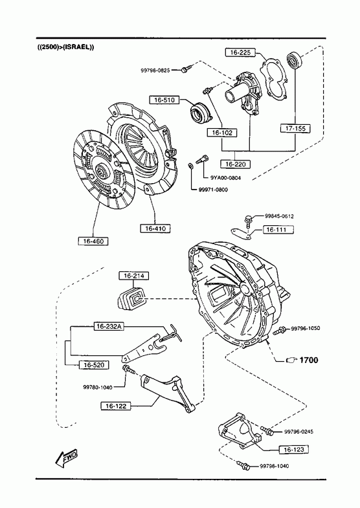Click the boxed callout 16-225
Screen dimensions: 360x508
coord(240,52)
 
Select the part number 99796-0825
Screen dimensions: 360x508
coord(155,71)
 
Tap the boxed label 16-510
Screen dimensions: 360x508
coord(164,100)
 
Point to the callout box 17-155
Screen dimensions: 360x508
coord(295,129)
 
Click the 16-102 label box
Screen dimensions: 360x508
coord(222,133)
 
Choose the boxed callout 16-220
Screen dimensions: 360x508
coord(236,164)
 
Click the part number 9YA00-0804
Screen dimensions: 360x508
coord(225,177)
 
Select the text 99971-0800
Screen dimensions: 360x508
coord(213,190)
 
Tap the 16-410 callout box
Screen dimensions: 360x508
coord(155,228)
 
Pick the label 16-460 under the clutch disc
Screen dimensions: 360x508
coord(93,241)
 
